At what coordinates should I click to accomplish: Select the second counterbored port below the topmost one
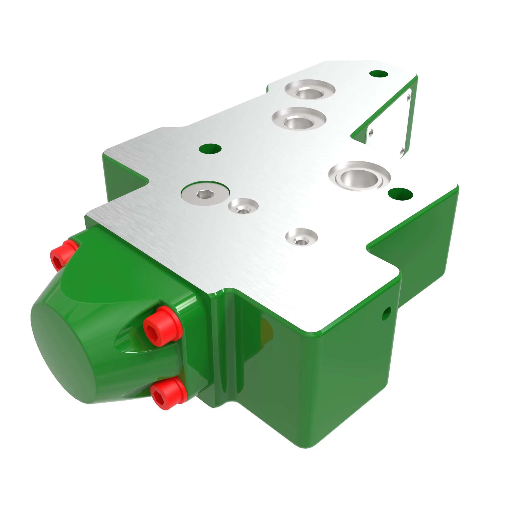298,121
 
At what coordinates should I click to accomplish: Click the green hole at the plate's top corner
378,74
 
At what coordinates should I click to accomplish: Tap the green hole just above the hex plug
210,149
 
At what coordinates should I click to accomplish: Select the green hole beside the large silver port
400,193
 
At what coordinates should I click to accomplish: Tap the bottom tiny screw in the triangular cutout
402,151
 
